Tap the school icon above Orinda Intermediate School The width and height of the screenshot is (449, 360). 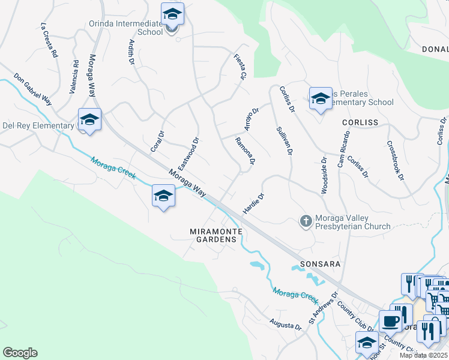[172, 14]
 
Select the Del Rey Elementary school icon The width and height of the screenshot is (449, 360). [89, 119]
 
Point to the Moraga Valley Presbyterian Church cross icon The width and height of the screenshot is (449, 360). [306, 221]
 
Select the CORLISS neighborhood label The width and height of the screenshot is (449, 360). [360, 122]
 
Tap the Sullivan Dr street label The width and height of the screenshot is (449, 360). [284, 141]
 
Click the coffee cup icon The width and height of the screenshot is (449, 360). [390, 321]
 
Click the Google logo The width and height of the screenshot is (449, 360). [20, 353]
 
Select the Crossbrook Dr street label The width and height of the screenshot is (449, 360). [396, 160]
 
